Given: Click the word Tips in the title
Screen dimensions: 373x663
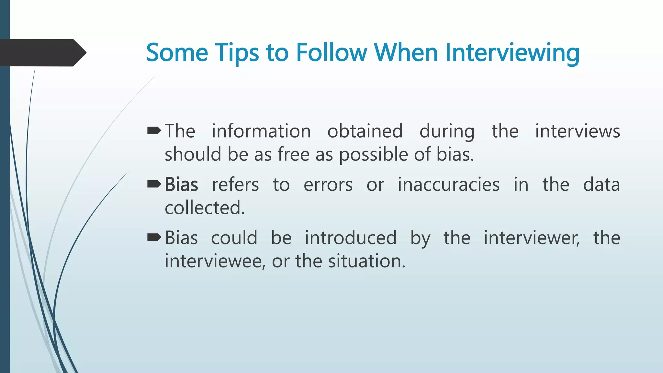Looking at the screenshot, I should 237,53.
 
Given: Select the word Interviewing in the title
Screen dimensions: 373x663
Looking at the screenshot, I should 512,53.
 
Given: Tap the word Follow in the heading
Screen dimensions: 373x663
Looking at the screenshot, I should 331,53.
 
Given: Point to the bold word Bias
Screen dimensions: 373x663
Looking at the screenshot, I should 181,185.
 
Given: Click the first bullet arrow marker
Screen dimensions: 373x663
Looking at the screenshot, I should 154,131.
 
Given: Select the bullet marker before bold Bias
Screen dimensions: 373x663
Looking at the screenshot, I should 154,184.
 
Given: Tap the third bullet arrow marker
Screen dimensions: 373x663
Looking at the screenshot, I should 154,238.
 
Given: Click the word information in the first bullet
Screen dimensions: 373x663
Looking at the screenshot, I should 261,131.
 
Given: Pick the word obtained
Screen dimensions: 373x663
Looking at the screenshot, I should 365,131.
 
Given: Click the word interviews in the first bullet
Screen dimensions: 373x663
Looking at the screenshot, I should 577,131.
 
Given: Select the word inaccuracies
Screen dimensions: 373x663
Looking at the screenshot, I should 448,185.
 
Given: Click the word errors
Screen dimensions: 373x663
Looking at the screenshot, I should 328,185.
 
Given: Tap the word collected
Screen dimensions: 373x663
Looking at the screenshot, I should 205,208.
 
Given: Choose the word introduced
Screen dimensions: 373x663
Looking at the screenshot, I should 351,238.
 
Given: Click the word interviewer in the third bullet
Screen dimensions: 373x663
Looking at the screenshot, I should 531,238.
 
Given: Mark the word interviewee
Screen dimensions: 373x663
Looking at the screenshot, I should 215,261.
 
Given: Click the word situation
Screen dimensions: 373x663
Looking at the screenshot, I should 366,261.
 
